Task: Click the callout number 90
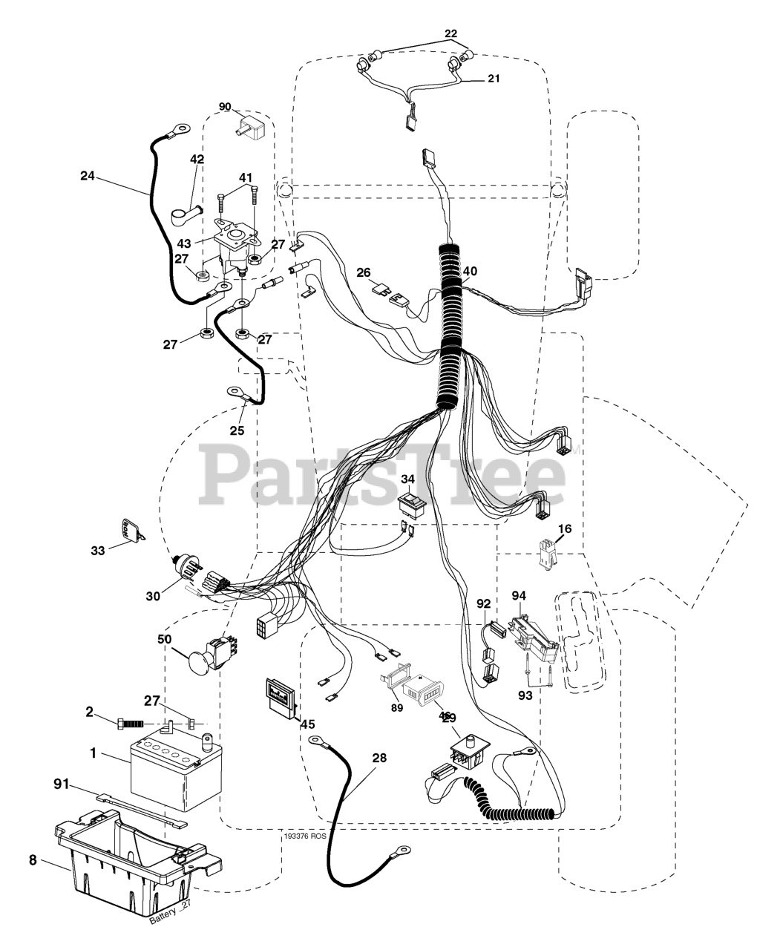click(225, 106)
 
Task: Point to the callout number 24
click(88, 176)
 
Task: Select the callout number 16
click(565, 528)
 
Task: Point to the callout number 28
click(379, 758)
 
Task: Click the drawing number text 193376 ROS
click(305, 836)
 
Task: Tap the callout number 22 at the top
click(451, 33)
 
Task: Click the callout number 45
click(307, 725)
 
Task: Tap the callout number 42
click(197, 159)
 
